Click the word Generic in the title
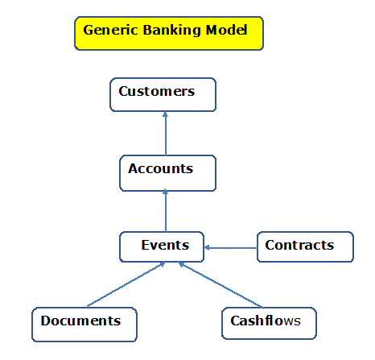[x=111, y=30]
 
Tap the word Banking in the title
[x=171, y=31]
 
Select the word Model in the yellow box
[x=226, y=30]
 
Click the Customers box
[x=163, y=94]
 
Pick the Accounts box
[x=167, y=173]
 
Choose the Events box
[x=162, y=246]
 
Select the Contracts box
[x=305, y=246]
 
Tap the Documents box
[x=84, y=325]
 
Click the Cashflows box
[x=269, y=323]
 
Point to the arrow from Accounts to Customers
[x=166, y=134]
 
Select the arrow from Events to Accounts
[x=166, y=210]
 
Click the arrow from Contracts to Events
[x=231, y=248]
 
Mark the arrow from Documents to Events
[x=126, y=284]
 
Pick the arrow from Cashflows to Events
[x=220, y=285]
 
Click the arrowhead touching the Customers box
[x=165, y=114]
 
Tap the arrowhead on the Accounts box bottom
[x=165, y=192]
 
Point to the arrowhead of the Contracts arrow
[x=207, y=248]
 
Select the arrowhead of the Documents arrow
[x=162, y=264]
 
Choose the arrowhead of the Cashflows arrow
[x=182, y=264]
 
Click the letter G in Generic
[x=89, y=30]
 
